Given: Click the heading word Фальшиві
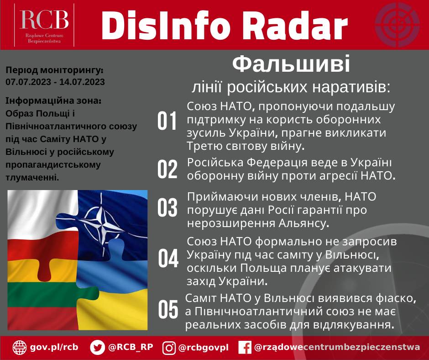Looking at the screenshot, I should (291, 65).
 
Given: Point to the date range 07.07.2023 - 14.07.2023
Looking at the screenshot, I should (55, 82).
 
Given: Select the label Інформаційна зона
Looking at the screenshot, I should (53, 100).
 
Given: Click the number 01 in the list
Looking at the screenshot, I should (167, 122).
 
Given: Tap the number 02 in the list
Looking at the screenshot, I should (167, 169).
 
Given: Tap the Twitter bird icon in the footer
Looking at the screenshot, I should (97, 347).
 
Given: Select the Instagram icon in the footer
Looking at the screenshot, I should (169, 348).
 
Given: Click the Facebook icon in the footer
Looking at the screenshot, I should (245, 348).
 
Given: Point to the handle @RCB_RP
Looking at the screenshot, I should (131, 347).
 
